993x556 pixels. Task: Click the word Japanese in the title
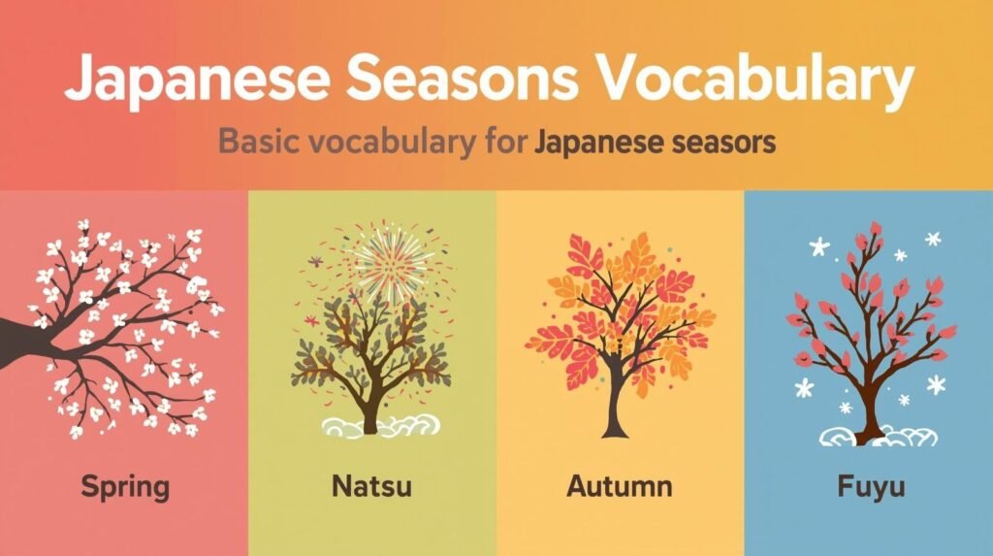click(197, 80)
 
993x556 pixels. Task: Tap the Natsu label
click(371, 486)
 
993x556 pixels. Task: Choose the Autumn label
click(620, 486)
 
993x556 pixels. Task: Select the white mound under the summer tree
click(380, 427)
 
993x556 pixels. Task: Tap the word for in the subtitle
click(506, 141)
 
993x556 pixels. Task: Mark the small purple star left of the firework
click(315, 261)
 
